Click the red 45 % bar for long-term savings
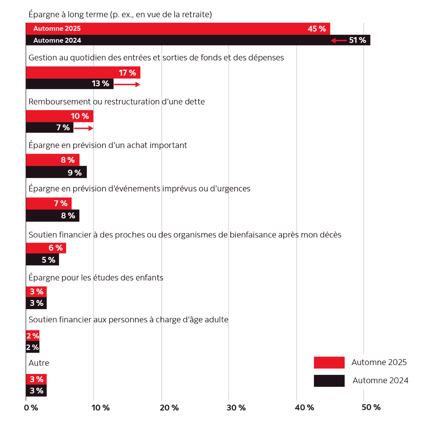[178, 29]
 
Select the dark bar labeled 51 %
[198, 40]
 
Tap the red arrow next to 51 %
[339, 40]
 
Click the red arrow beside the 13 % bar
[127, 85]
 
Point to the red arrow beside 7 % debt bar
[83, 128]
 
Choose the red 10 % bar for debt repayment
[59, 116]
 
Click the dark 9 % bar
[56, 172]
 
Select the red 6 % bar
[46, 248]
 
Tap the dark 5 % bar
[42, 260]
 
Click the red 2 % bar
[33, 336]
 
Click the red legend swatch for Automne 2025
[329, 362]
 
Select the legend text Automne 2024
[380, 381]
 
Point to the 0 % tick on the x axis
[31, 408]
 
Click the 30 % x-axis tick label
[236, 408]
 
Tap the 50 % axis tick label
[371, 408]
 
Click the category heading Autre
[39, 363]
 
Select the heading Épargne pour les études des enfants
[96, 278]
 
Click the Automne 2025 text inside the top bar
[57, 29]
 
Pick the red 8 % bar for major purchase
[53, 160]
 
